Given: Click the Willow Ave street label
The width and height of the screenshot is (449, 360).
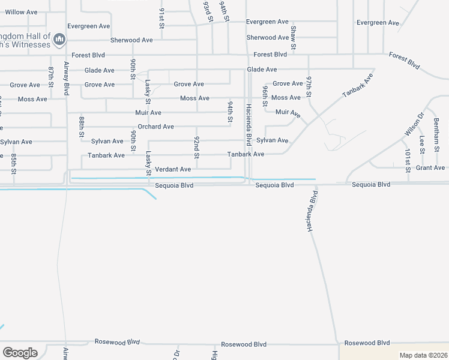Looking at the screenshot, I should [x=20, y=12].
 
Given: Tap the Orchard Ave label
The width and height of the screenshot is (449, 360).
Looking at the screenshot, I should [x=155, y=127].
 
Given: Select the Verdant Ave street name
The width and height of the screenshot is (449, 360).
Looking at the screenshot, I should [x=173, y=170].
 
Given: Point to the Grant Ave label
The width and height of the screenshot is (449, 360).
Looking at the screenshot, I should [x=430, y=168].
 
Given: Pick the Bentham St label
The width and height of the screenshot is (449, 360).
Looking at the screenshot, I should [x=436, y=127].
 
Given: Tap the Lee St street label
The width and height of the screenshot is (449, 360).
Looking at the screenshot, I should [x=422, y=144].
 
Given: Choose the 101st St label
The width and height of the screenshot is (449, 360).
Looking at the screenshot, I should [x=408, y=161].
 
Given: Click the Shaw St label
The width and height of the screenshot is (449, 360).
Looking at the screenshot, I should [x=294, y=37].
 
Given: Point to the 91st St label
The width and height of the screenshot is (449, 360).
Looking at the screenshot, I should [x=161, y=18].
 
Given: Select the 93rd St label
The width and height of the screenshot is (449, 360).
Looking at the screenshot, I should [x=208, y=12].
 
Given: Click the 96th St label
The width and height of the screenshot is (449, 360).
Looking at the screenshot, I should [x=265, y=96].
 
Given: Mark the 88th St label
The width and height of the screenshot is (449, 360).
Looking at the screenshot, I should [x=82, y=129].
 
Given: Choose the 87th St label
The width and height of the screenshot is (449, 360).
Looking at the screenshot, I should [x=51, y=77].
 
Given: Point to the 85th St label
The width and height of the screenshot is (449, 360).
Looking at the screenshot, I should [x=14, y=164].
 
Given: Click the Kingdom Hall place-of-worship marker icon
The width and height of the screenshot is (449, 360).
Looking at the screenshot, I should [x=59, y=40].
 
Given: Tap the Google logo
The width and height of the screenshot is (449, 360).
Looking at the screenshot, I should [x=20, y=353].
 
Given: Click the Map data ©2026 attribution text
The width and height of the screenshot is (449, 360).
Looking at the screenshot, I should [x=423, y=355].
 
